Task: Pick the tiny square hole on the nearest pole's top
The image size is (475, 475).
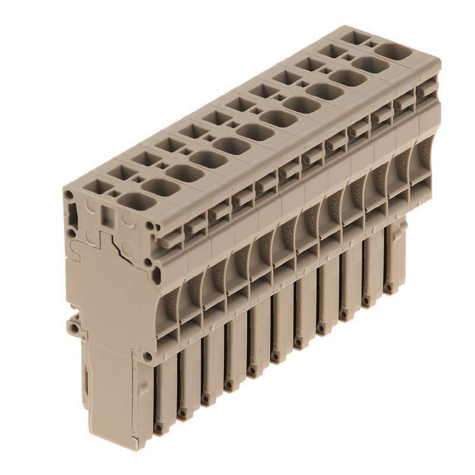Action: click(114, 193)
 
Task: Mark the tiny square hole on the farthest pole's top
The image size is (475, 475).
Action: click(372, 45)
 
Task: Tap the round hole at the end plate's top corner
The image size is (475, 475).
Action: click(69, 195)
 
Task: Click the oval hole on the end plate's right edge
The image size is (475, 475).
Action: click(156, 274)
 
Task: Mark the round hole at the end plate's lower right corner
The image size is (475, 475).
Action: click(148, 356)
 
